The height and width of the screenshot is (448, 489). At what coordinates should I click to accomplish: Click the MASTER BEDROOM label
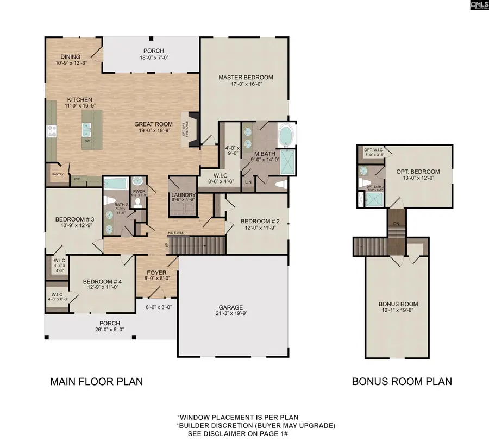[x=246, y=78]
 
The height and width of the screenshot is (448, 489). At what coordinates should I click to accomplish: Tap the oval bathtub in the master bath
[x=286, y=136]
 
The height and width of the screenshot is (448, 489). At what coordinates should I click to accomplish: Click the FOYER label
[x=157, y=273]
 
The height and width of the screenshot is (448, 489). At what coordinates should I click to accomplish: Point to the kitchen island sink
[x=87, y=128]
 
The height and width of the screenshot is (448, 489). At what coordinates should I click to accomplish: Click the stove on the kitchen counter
[x=53, y=130]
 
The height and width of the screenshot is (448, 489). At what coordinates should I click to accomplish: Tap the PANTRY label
[x=58, y=174]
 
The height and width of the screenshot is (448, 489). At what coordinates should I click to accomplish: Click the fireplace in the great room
[x=193, y=129]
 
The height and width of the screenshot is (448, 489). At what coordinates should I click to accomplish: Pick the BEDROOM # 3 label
[x=72, y=220]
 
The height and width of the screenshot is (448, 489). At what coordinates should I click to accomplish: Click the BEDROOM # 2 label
[x=260, y=221]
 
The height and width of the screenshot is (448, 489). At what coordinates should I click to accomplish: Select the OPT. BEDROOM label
[x=417, y=172]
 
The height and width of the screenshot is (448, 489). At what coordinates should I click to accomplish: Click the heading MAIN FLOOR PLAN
[x=97, y=381]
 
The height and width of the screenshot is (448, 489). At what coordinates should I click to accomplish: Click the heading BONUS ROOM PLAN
[x=402, y=381]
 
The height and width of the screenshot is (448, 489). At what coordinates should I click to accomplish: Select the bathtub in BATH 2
[x=115, y=184]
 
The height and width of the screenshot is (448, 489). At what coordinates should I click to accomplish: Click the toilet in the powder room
[x=137, y=202]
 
